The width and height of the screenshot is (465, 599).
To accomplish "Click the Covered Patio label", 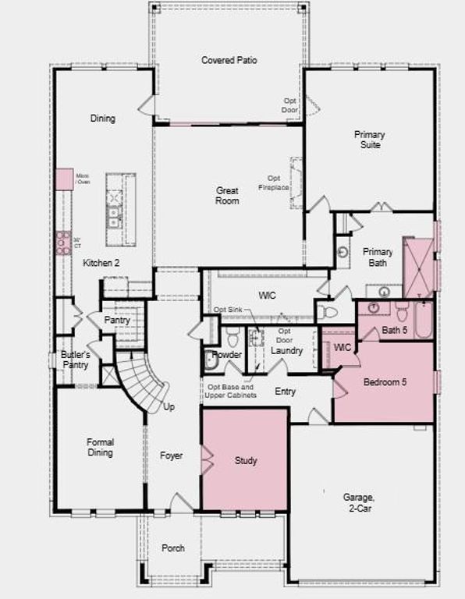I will click(229, 60).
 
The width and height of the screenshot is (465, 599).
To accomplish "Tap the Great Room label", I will click(227, 196).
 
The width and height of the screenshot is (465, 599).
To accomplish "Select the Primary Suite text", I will click(368, 140).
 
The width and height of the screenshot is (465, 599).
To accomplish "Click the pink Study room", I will click(245, 460).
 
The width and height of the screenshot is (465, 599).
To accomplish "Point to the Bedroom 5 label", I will click(385, 382).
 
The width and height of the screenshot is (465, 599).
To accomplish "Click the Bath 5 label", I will click(395, 331).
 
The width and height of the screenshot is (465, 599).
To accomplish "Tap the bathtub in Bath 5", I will click(423, 320).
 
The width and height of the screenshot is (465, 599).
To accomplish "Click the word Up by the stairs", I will click(169, 408).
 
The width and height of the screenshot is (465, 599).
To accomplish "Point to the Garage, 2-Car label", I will click(359, 502).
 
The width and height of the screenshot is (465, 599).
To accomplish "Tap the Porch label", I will click(173, 548).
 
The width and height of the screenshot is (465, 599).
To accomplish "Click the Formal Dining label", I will click(100, 448).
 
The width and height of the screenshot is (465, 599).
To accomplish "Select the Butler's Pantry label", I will click(76, 360).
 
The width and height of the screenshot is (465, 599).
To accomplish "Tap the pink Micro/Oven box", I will click(64, 178).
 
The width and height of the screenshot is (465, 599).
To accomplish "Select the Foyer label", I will click(171, 455).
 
